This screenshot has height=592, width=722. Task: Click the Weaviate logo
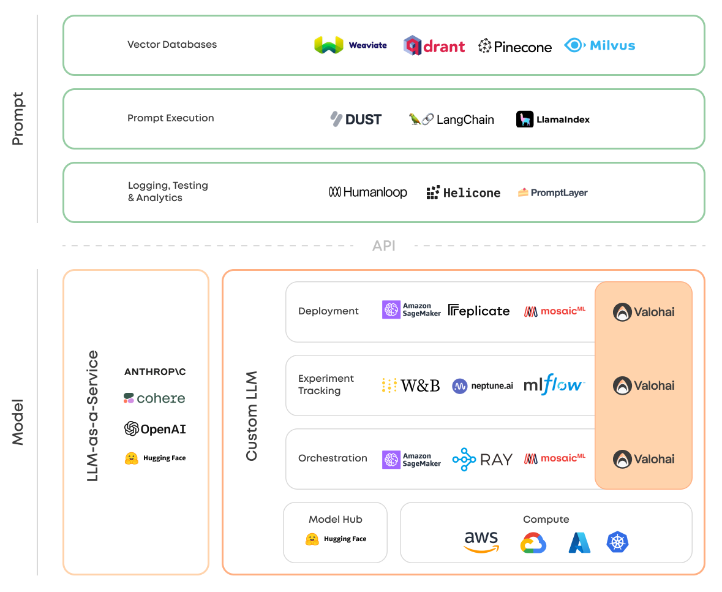pos(350,45)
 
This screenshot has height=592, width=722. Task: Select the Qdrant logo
pos(434,46)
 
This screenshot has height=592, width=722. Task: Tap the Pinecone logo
pos(515,46)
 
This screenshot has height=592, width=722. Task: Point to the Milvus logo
pos(600,45)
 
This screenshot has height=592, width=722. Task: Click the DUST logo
pos(356,120)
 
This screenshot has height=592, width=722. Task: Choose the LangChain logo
pos(451,120)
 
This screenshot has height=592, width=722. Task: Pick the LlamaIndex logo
pos(553,120)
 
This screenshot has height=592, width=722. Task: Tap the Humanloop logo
pos(368,192)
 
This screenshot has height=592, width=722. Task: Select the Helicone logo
pos(464,193)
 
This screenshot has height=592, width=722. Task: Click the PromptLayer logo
pos(552,192)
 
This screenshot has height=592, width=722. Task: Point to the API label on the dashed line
pos(384,246)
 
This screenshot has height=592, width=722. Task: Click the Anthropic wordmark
pos(155,372)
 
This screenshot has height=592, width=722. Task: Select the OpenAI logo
pos(155,429)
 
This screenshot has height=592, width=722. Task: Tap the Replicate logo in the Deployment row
pos(479,311)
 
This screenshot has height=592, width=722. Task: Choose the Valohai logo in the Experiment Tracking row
pos(644,385)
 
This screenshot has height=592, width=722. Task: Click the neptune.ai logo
pos(483,386)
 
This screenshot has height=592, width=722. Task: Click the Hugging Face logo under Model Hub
pos(336,539)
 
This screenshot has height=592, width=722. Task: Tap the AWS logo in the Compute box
pos(481,541)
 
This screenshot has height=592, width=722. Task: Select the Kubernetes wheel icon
pos(617,542)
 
